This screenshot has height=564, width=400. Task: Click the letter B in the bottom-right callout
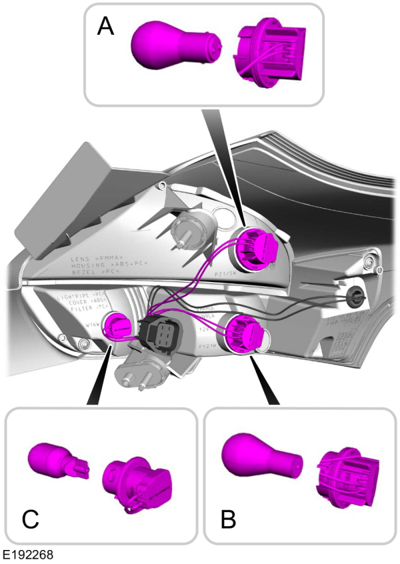(x=228, y=518)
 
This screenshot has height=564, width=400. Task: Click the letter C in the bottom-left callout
(x=30, y=519)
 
